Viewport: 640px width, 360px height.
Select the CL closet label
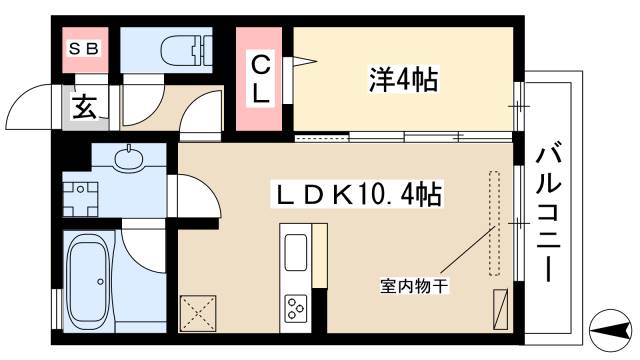[x=260, y=81]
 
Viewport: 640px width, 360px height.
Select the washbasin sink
[x=127, y=158]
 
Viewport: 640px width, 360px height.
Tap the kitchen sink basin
[x=297, y=253]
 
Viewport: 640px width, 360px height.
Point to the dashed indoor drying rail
[x=493, y=223]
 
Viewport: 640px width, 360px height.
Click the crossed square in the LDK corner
[x=197, y=313]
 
